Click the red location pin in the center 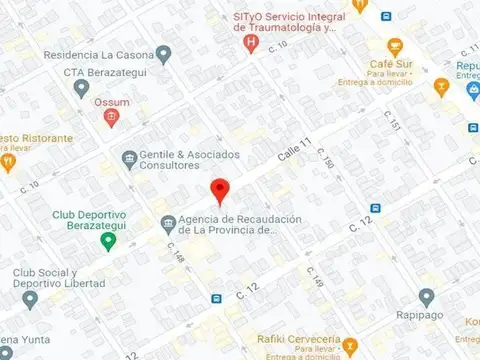pyautogui.click(x=221, y=190)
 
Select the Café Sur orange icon pyautogui.click(x=394, y=46)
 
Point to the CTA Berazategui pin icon pyautogui.click(x=81, y=89)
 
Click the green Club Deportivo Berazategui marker pyautogui.click(x=107, y=240)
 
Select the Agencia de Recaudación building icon pyautogui.click(x=167, y=223)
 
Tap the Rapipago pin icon pyautogui.click(x=427, y=296)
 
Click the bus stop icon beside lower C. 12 pyautogui.click(x=216, y=298)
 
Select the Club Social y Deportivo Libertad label pyautogui.click(x=59, y=277)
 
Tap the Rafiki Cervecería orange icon pyautogui.click(x=350, y=347)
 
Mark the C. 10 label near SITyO pyautogui.click(x=278, y=45)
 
